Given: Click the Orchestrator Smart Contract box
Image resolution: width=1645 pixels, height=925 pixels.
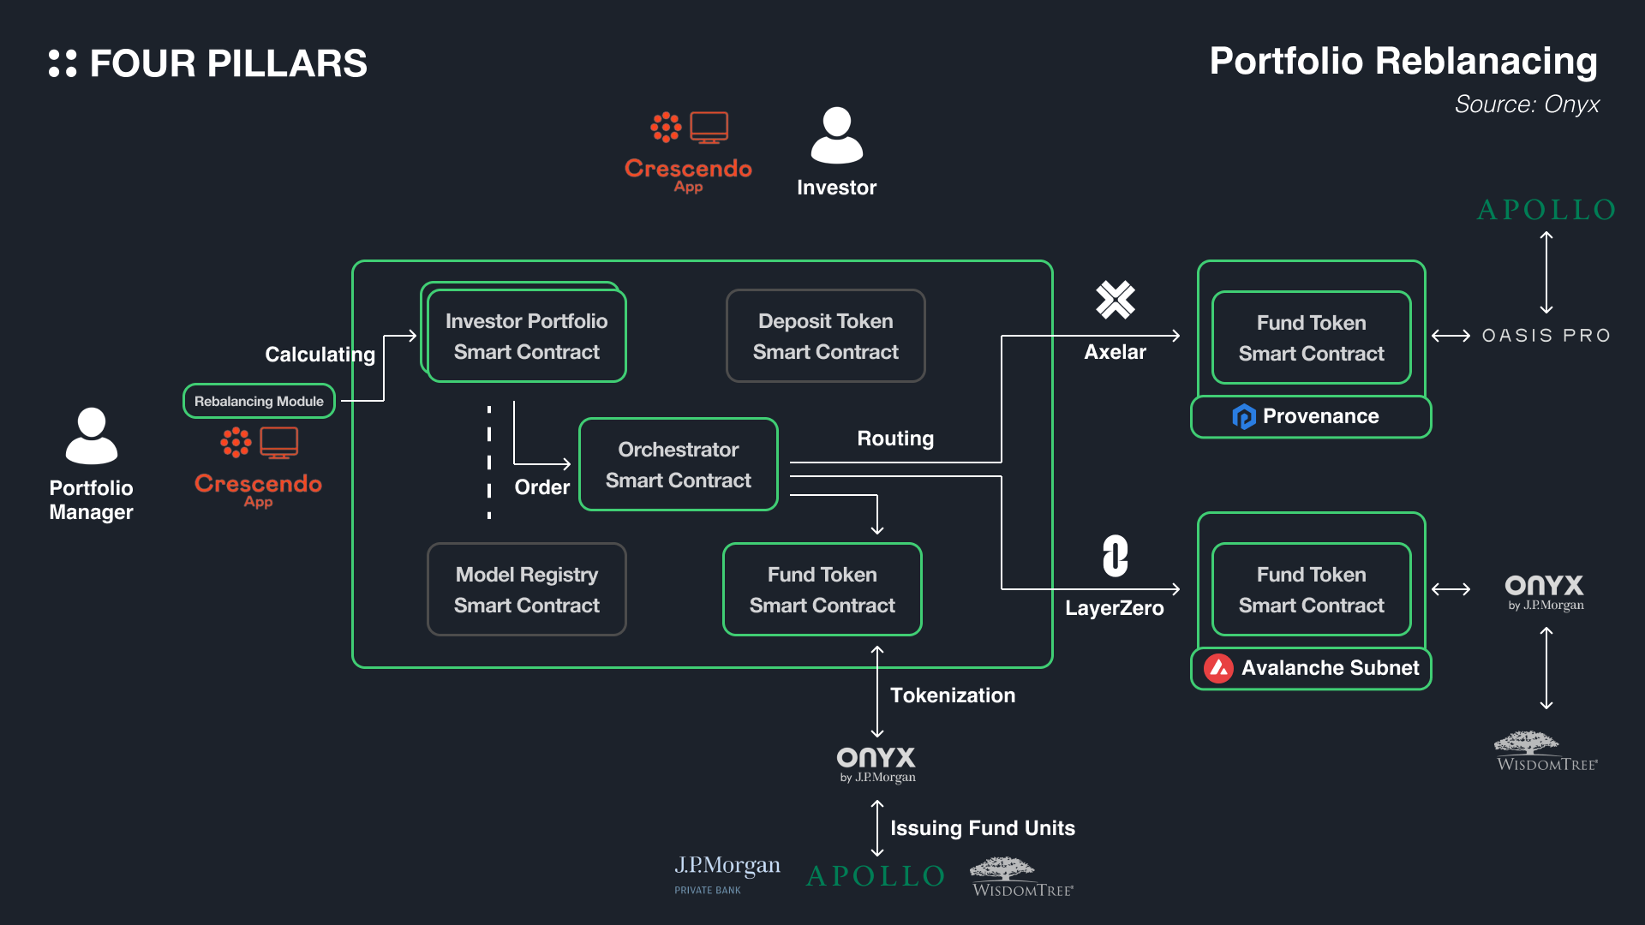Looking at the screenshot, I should click(678, 464).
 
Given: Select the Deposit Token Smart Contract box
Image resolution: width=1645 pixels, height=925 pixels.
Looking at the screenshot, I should click(825, 336).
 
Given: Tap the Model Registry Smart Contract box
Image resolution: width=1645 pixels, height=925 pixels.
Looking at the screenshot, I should click(526, 589).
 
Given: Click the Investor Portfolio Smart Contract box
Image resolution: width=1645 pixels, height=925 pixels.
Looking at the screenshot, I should click(526, 336).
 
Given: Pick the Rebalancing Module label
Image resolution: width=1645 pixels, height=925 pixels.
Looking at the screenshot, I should click(259, 401).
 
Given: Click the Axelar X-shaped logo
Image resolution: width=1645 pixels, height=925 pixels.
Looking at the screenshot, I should click(1115, 300).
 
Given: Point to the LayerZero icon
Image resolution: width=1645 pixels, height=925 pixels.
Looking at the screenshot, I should click(1115, 556).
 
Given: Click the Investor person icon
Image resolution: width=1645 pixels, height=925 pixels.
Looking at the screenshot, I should click(836, 135).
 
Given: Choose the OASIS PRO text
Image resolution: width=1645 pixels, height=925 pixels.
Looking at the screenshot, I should click(1546, 336).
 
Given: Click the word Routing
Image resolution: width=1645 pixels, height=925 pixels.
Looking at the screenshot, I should click(895, 439).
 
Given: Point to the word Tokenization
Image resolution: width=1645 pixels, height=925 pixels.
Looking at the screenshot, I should click(953, 695).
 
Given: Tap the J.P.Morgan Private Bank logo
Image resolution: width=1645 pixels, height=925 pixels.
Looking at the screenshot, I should click(727, 874).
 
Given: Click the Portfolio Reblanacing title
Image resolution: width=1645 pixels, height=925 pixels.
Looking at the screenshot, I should click(1403, 62).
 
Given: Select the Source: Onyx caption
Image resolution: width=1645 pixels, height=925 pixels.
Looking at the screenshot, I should click(1526, 104).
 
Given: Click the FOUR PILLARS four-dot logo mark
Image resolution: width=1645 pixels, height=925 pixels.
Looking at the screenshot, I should click(63, 63).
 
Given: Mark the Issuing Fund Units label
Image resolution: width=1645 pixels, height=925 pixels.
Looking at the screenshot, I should click(982, 828).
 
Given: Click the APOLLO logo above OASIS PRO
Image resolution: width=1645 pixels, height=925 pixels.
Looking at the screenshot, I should click(1546, 210).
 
